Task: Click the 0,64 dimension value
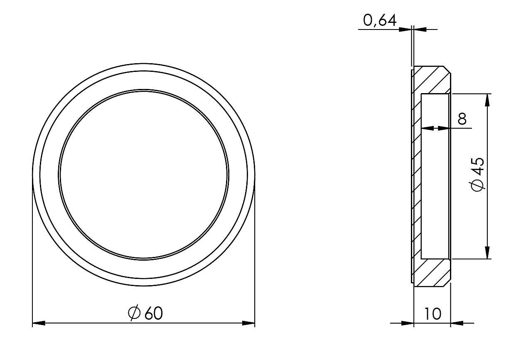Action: [380, 20]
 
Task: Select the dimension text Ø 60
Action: [145, 313]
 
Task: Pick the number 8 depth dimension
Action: [462, 118]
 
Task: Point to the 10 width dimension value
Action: [433, 314]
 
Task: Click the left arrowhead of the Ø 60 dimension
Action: [39, 323]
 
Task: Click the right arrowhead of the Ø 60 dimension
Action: [248, 323]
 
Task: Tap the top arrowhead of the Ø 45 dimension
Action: [487, 100]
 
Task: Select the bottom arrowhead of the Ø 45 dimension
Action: [487, 253]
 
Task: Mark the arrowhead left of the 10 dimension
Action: [408, 323]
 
